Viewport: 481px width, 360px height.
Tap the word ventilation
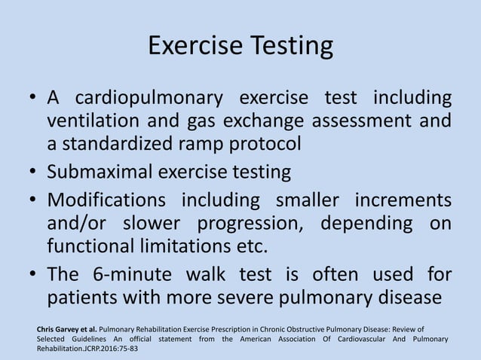click(x=90, y=121)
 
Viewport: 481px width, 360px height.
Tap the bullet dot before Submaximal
click(x=33, y=173)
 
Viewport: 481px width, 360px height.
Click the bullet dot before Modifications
click(x=33, y=203)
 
